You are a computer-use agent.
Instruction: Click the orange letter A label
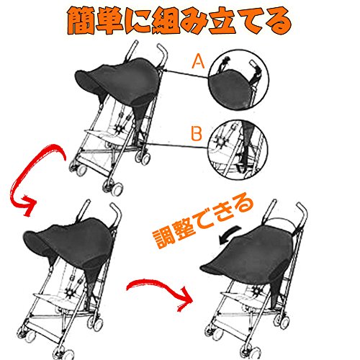point(198,61)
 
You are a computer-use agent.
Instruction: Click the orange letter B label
point(197,133)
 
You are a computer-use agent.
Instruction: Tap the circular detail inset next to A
point(238,80)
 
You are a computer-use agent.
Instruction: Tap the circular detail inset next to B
point(238,150)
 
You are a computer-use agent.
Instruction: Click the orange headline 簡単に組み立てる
point(179,22)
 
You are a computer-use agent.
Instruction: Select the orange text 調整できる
point(203,222)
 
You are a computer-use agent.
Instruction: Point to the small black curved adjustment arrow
point(229,235)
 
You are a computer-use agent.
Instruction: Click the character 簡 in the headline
point(81,22)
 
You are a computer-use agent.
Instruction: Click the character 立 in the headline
point(222,22)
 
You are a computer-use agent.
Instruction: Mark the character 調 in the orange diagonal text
point(164,239)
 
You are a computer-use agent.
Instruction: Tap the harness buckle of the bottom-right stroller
point(257,292)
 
